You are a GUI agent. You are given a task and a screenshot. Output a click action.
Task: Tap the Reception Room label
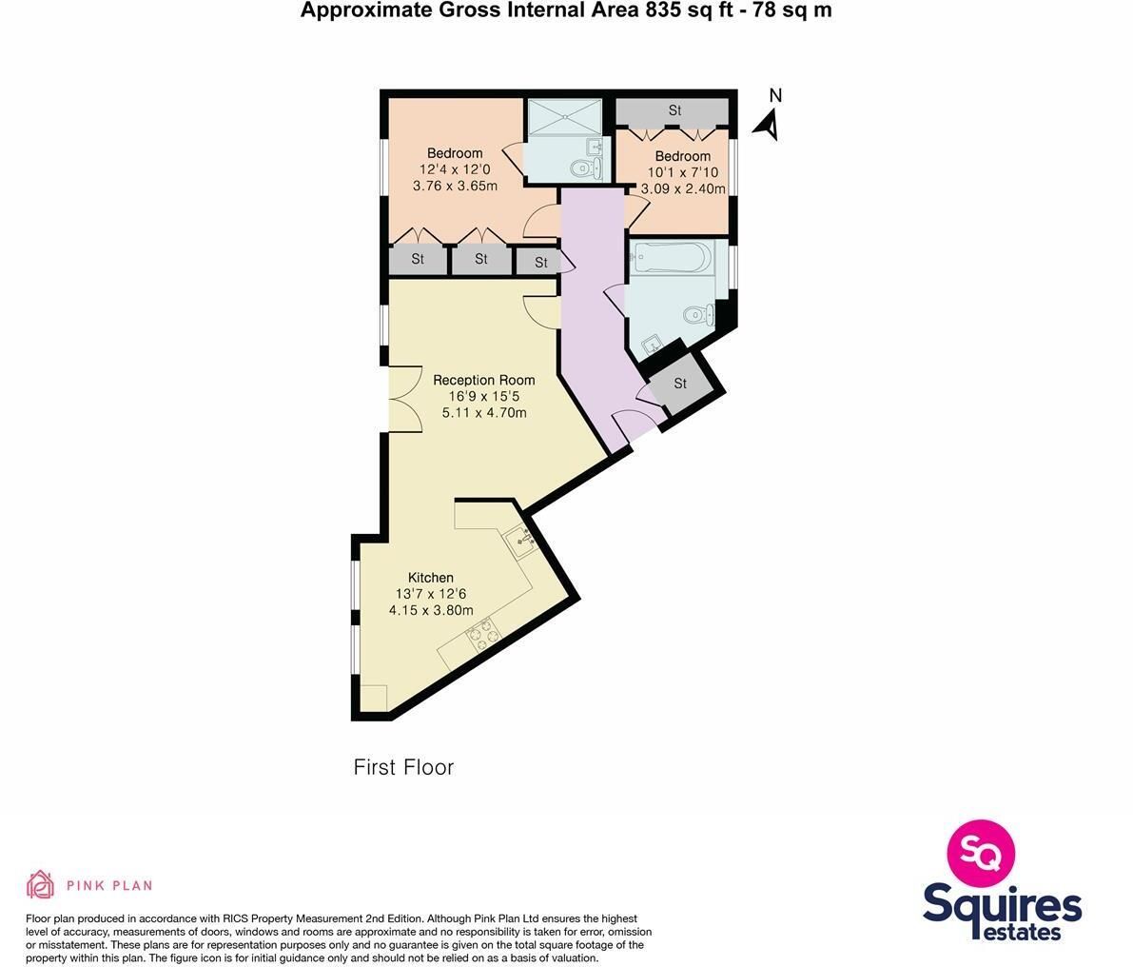tap(483, 380)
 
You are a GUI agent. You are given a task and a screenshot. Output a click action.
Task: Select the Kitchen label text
tap(431, 578)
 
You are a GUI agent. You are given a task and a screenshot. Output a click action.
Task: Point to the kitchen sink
tap(521, 540)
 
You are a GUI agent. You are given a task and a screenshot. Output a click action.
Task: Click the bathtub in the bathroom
tap(672, 257)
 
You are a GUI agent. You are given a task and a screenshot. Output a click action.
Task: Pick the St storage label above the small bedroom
tap(674, 110)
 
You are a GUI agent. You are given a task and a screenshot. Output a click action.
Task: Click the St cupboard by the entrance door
tap(680, 384)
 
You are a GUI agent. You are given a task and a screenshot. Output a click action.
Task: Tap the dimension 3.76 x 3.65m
tap(455, 186)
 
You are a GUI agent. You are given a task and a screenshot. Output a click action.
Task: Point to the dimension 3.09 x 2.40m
tap(683, 188)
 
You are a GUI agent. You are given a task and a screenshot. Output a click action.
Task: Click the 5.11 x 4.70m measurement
tap(484, 413)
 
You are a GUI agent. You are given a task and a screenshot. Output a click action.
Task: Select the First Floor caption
tap(404, 767)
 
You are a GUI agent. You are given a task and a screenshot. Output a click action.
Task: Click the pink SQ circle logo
tap(981, 854)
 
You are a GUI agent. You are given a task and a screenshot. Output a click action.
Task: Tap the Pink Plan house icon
tap(41, 884)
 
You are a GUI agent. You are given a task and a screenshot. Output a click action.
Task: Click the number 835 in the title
tap(652, 10)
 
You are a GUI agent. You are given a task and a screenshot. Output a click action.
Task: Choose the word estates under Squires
tap(1023, 932)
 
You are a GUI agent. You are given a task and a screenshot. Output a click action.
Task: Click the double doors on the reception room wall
tap(406, 400)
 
